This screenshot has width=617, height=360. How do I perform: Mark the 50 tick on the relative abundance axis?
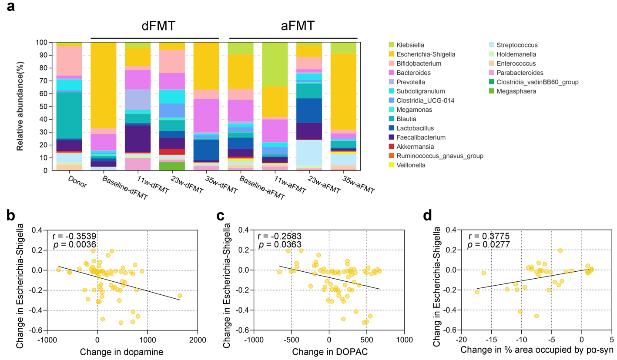(x=45, y=107)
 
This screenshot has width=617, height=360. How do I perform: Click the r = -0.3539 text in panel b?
(x=74, y=237)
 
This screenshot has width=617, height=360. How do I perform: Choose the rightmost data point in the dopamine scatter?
(x=180, y=296)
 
